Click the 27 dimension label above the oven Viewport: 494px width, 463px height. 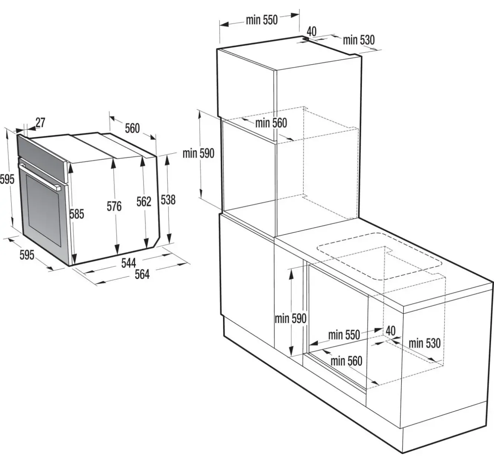tap(40, 122)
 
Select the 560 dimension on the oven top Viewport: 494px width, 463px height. tap(132, 128)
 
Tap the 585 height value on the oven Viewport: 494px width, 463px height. tap(76, 214)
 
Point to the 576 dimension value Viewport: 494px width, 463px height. tap(114, 206)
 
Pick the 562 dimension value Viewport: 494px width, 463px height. tap(144, 202)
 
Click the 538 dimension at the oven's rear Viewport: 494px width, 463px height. tap(168, 200)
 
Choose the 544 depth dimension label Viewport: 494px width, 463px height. tap(128, 263)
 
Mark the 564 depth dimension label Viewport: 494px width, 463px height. tap(142, 275)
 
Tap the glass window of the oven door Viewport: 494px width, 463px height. tap(43, 210)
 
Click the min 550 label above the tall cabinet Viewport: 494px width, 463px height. tap(262, 20)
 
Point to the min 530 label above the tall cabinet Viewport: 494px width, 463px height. tap(359, 40)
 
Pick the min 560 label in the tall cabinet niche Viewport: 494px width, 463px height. tap(271, 123)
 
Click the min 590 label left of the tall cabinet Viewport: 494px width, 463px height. tap(199, 154)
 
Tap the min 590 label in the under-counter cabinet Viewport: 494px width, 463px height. tap(291, 319)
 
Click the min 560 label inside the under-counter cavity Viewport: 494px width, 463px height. tap(346, 361)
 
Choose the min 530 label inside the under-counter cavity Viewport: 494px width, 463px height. tap(425, 344)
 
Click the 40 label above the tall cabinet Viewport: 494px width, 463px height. tap(311, 32)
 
